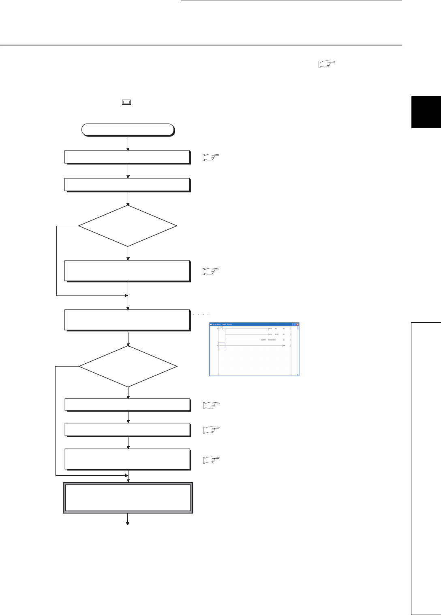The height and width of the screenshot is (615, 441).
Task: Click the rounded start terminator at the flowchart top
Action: click(x=128, y=129)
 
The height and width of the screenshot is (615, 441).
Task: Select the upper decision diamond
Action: click(x=128, y=226)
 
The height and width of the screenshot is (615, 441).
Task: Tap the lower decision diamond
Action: click(x=128, y=367)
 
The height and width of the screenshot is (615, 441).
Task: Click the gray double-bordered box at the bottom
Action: click(x=128, y=498)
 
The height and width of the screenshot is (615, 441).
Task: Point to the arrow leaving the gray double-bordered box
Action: click(x=128, y=520)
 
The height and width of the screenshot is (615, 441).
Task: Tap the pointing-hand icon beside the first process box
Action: click(x=211, y=158)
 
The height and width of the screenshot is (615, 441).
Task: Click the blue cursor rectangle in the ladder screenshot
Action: click(x=221, y=345)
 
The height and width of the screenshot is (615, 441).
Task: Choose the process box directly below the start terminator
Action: click(x=127, y=157)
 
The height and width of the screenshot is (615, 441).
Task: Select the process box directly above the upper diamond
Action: click(x=127, y=185)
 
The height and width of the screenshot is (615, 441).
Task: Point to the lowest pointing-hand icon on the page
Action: click(x=211, y=460)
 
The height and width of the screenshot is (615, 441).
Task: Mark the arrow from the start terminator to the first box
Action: click(x=128, y=143)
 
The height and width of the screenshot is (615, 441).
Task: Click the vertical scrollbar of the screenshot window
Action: click(x=297, y=350)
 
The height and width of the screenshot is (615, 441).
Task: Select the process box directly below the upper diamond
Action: click(x=127, y=271)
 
